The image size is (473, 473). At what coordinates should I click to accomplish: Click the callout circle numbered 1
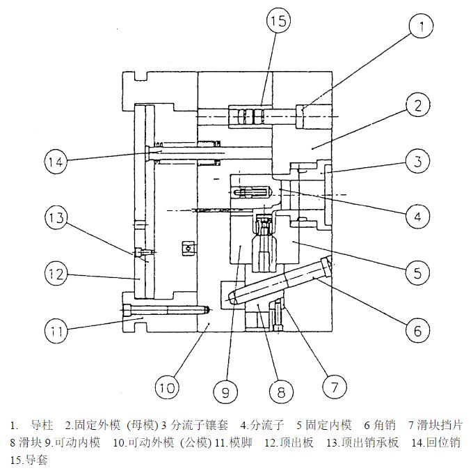pos(421,27)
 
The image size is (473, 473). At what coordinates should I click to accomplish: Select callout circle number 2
pos(418,106)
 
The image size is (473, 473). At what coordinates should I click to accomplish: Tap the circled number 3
pos(417,162)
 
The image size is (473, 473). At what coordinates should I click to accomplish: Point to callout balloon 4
pos(417,217)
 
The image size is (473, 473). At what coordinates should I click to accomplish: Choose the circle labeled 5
pos(417,272)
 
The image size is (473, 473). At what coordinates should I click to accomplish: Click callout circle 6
pos(417,330)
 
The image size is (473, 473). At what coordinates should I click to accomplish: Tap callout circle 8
pos(281,392)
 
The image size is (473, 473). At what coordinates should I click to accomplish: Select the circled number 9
pos(225,392)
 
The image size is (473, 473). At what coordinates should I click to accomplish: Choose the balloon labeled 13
pos(57,219)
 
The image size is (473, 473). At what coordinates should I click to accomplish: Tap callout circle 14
pos(57,162)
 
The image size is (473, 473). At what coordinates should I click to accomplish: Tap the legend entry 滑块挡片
pos(440,424)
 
